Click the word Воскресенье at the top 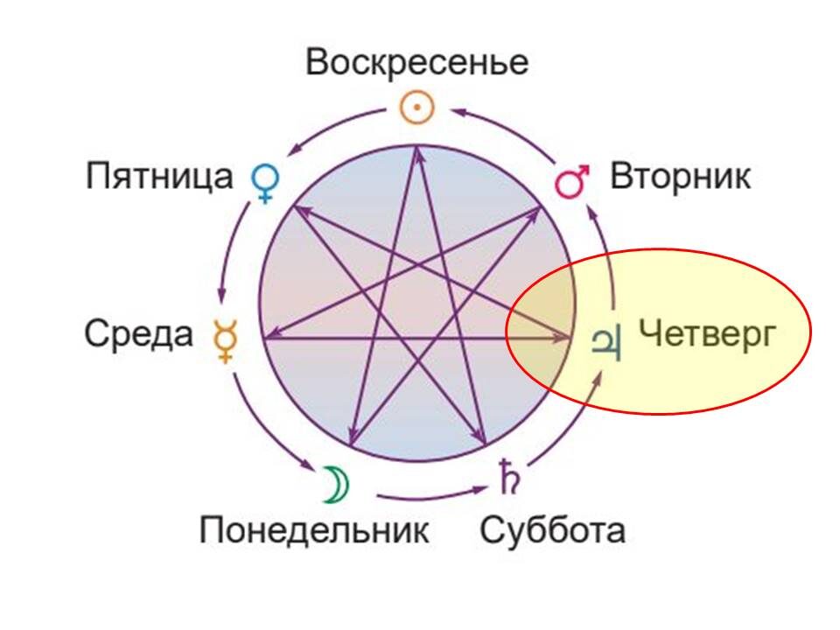tap(417, 64)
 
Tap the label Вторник tap(680, 177)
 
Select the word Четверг tap(706, 333)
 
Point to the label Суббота tap(552, 529)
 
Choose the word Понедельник tap(314, 529)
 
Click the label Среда tap(138, 334)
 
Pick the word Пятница tap(159, 177)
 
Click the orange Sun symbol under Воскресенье tap(417, 108)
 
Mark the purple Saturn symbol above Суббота tap(507, 477)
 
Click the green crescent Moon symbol tap(332, 484)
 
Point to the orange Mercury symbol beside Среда tap(226, 340)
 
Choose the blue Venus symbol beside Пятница tap(264, 181)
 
